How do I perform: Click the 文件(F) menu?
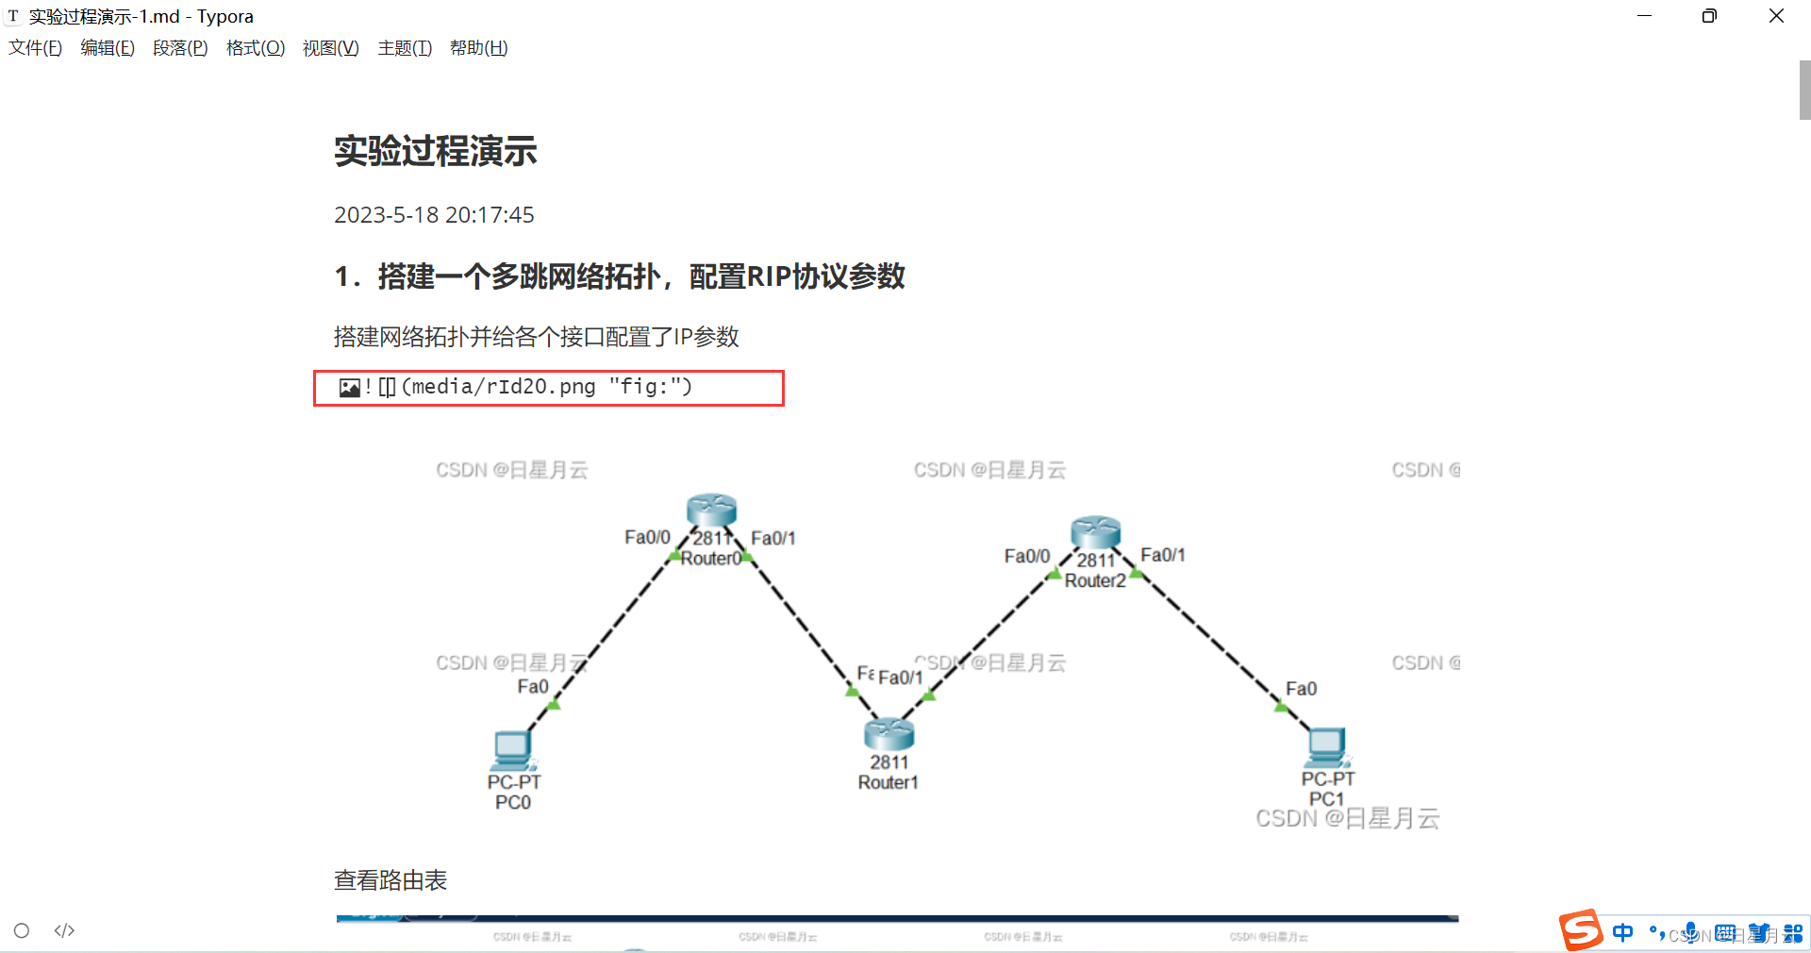[x=35, y=48]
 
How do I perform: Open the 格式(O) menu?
[x=255, y=48]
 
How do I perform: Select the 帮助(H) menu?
[x=478, y=48]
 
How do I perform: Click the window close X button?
[x=1776, y=16]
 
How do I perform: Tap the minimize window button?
[x=1644, y=16]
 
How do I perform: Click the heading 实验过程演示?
[x=435, y=151]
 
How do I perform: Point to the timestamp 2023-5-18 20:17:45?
[x=434, y=215]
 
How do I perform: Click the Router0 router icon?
[x=711, y=510]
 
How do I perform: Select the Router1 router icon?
[x=889, y=733]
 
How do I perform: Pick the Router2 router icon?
[x=1095, y=532]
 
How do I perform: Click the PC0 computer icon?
[x=512, y=750]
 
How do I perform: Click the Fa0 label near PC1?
[x=1301, y=689]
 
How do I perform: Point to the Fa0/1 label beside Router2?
[x=1162, y=555]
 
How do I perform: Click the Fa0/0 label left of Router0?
[x=647, y=537]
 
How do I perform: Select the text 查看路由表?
[x=390, y=880]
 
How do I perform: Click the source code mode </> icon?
[x=64, y=930]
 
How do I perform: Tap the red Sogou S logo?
[x=1581, y=930]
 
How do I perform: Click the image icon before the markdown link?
[x=349, y=388]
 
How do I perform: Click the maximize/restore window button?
[x=1709, y=16]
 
